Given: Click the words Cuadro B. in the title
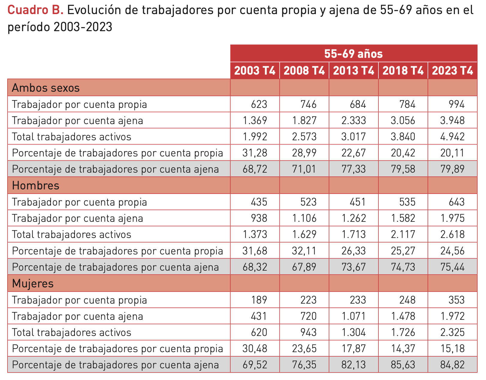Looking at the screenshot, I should pyautogui.click(x=35, y=10).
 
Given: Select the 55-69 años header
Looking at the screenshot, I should pyautogui.click(x=354, y=54).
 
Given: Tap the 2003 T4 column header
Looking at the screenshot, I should pyautogui.click(x=255, y=71).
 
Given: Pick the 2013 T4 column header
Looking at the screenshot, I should pyautogui.click(x=354, y=71).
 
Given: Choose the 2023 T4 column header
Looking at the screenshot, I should pyautogui.click(x=452, y=71).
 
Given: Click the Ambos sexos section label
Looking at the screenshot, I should pyautogui.click(x=46, y=88).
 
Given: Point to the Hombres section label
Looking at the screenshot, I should pyautogui.click(x=36, y=186).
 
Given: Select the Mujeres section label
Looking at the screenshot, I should pyautogui.click(x=33, y=283).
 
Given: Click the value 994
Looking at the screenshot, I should pyautogui.click(x=457, y=104).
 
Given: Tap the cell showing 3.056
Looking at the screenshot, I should pyautogui.click(x=403, y=120).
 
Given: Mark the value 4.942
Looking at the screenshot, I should pyautogui.click(x=452, y=137).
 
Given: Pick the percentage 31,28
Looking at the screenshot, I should pyautogui.click(x=255, y=153).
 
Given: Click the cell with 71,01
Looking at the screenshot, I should pyautogui.click(x=304, y=169).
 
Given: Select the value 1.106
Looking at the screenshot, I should pyautogui.click(x=304, y=218).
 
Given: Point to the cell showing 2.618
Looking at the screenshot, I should pyautogui.click(x=452, y=234).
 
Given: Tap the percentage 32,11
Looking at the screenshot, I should pyautogui.click(x=304, y=251).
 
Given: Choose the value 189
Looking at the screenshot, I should pyautogui.click(x=259, y=300).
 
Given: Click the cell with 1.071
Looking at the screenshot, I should pyautogui.click(x=354, y=316).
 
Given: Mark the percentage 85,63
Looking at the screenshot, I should pyautogui.click(x=403, y=365).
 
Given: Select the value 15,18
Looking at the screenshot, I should pyautogui.click(x=452, y=349).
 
